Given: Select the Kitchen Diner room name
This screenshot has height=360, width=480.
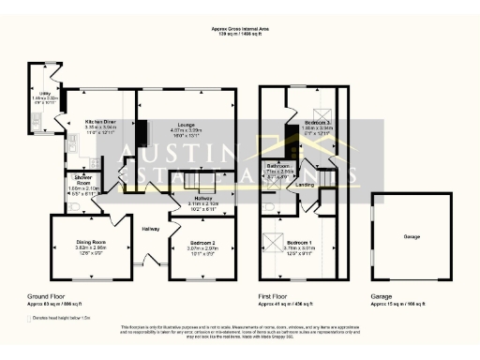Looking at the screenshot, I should (x=100, y=122).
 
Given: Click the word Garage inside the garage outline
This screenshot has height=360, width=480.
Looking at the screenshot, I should (x=412, y=236).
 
